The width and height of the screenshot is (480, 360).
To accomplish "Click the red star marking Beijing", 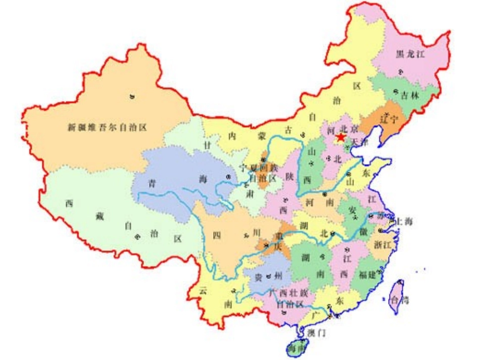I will pyautogui.click(x=341, y=137).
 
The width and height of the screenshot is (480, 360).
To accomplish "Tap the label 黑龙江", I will pyautogui.click(x=410, y=55).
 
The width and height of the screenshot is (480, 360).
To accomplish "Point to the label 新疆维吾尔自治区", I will pyautogui.click(x=107, y=127).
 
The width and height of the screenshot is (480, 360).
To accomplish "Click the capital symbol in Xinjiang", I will pyautogui.click(x=132, y=96).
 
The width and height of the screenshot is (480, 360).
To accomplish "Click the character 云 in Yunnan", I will pyautogui.click(x=204, y=291).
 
